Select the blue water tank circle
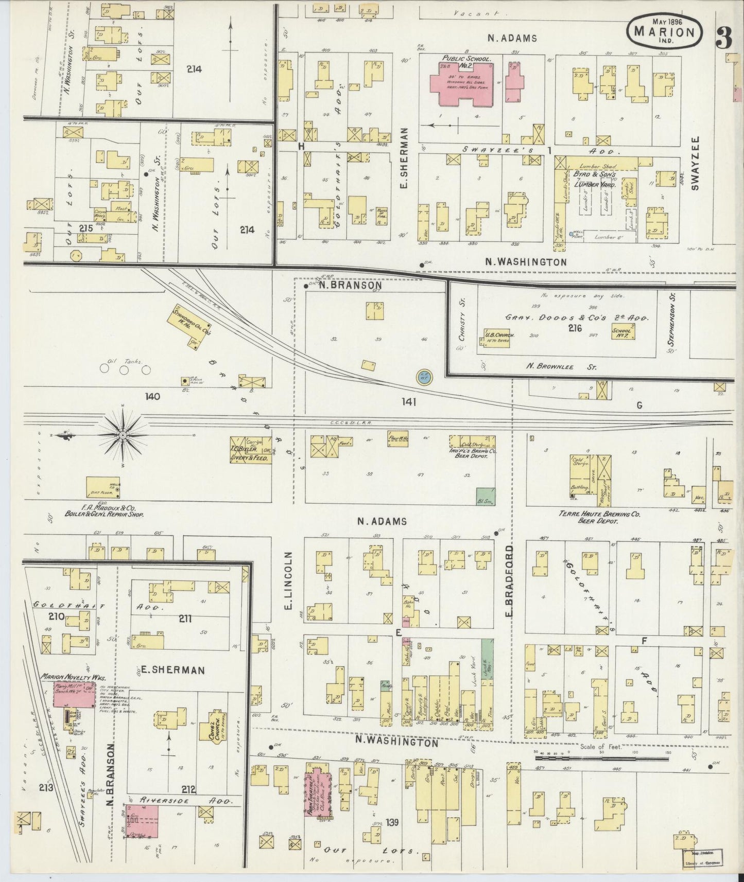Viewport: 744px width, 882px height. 424,377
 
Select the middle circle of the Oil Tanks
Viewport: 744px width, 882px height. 124,369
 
